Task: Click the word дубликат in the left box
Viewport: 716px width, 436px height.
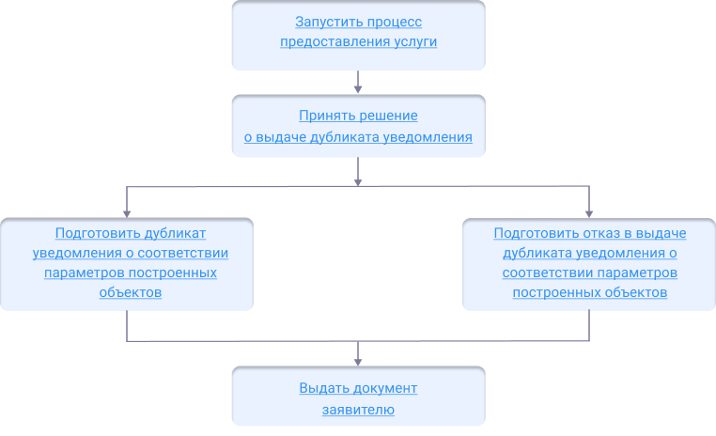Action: click(x=175, y=233)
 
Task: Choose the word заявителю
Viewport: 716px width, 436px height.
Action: click(x=358, y=410)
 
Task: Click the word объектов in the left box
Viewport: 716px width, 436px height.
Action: click(x=131, y=292)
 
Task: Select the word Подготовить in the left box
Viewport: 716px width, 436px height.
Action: click(x=98, y=233)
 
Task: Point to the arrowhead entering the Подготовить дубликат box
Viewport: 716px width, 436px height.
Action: click(x=127, y=212)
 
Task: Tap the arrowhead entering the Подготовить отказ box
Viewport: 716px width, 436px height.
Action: click(x=589, y=212)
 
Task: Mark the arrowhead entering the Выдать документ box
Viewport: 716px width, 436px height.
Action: click(x=358, y=361)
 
